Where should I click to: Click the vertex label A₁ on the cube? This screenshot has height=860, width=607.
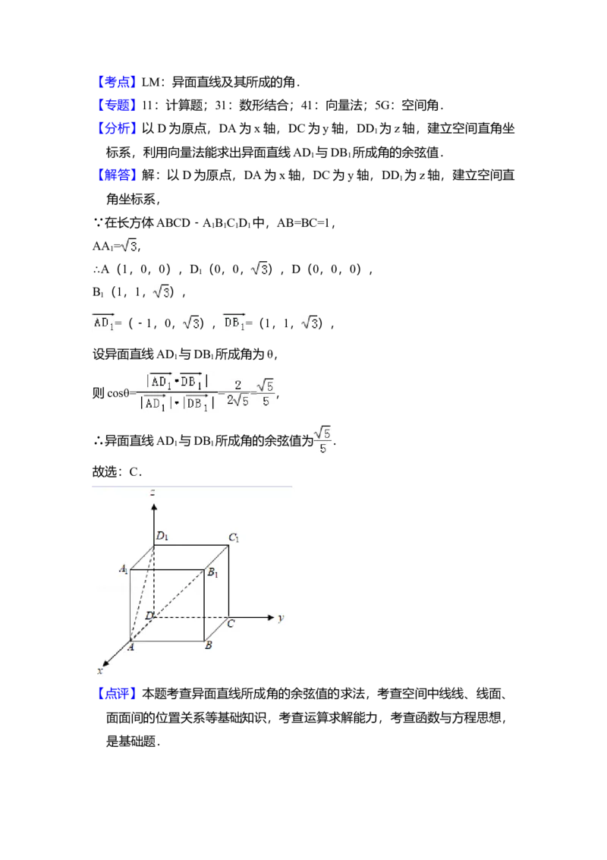click(x=123, y=569)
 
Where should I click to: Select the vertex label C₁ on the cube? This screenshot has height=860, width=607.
click(x=234, y=539)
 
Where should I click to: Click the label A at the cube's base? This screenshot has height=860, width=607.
click(x=131, y=647)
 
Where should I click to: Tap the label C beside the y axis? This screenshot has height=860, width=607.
click(x=231, y=624)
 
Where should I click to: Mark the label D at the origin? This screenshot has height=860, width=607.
click(x=149, y=614)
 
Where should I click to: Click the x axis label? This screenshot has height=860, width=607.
click(x=100, y=671)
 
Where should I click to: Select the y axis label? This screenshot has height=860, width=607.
click(x=281, y=619)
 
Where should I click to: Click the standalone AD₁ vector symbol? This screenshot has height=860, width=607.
click(x=103, y=323)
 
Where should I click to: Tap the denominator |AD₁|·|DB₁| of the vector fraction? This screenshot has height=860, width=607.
click(x=176, y=405)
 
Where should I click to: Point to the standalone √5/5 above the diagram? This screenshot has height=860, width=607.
click(x=322, y=440)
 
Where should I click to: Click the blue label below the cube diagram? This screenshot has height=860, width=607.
click(x=118, y=695)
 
